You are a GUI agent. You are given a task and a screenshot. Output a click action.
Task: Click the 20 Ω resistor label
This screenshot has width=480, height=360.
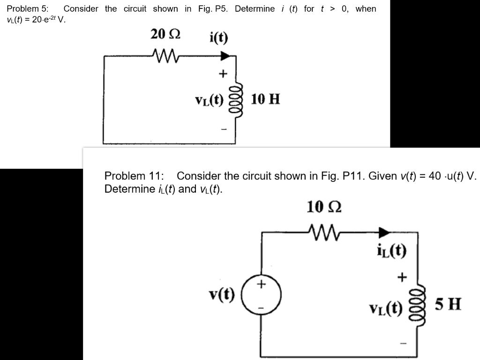tap(165, 35)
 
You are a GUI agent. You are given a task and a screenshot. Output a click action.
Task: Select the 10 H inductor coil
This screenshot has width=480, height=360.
tap(237, 100)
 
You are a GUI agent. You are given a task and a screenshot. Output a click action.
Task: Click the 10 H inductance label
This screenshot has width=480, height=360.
tap(265, 99)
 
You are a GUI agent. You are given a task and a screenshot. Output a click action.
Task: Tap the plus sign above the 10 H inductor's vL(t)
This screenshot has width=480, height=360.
tap(223, 74)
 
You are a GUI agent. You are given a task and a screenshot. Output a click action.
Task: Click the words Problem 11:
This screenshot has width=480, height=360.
tap(134, 176)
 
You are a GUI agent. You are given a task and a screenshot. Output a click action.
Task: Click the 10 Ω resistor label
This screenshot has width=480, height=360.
tap(324, 207)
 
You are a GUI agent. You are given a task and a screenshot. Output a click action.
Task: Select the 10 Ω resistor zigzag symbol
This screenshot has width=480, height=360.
tap(323, 231)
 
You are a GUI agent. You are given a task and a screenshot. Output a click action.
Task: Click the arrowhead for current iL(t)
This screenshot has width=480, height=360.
tap(384, 231)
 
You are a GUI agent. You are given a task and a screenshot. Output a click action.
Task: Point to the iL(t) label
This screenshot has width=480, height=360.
tap(391, 251)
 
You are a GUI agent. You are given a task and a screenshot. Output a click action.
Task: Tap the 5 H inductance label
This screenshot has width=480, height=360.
tap(448, 305)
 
